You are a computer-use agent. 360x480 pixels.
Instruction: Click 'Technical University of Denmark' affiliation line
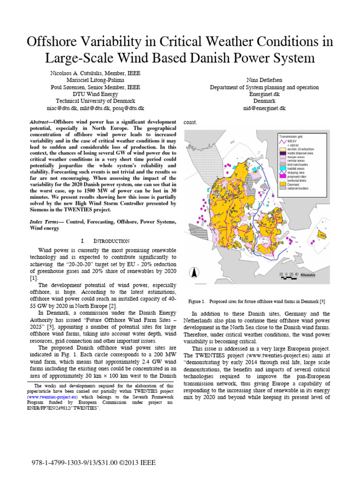95,101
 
